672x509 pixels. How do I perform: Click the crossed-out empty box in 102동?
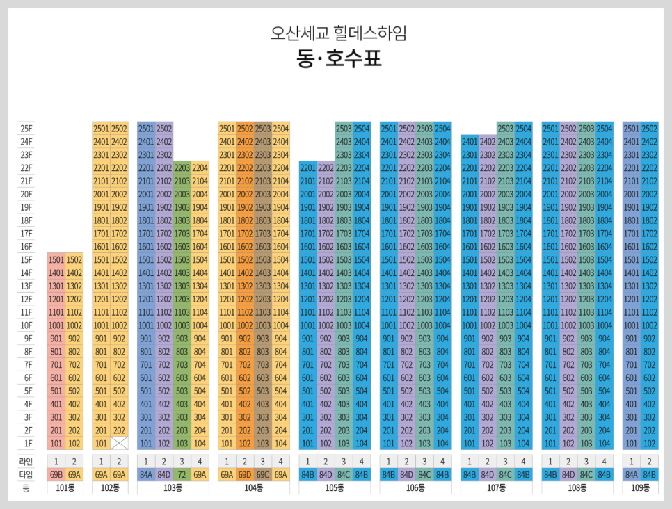[120, 443]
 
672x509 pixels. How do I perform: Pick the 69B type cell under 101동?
[56, 474]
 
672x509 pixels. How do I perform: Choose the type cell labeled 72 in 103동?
[182, 474]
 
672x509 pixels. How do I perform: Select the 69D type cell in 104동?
[245, 474]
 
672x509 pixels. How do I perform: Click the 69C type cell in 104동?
[263, 474]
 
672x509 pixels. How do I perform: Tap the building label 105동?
[335, 488]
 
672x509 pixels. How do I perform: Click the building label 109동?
[640, 488]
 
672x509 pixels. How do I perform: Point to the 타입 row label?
[26, 474]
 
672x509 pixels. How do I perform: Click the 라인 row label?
[26, 461]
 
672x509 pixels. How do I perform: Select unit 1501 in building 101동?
[56, 259]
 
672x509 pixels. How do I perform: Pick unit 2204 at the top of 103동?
[200, 168]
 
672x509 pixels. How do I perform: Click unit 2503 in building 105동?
[344, 128]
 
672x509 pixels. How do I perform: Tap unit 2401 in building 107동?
[470, 141]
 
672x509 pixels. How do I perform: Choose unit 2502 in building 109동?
[649, 128]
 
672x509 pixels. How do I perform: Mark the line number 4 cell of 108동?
[605, 461]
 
